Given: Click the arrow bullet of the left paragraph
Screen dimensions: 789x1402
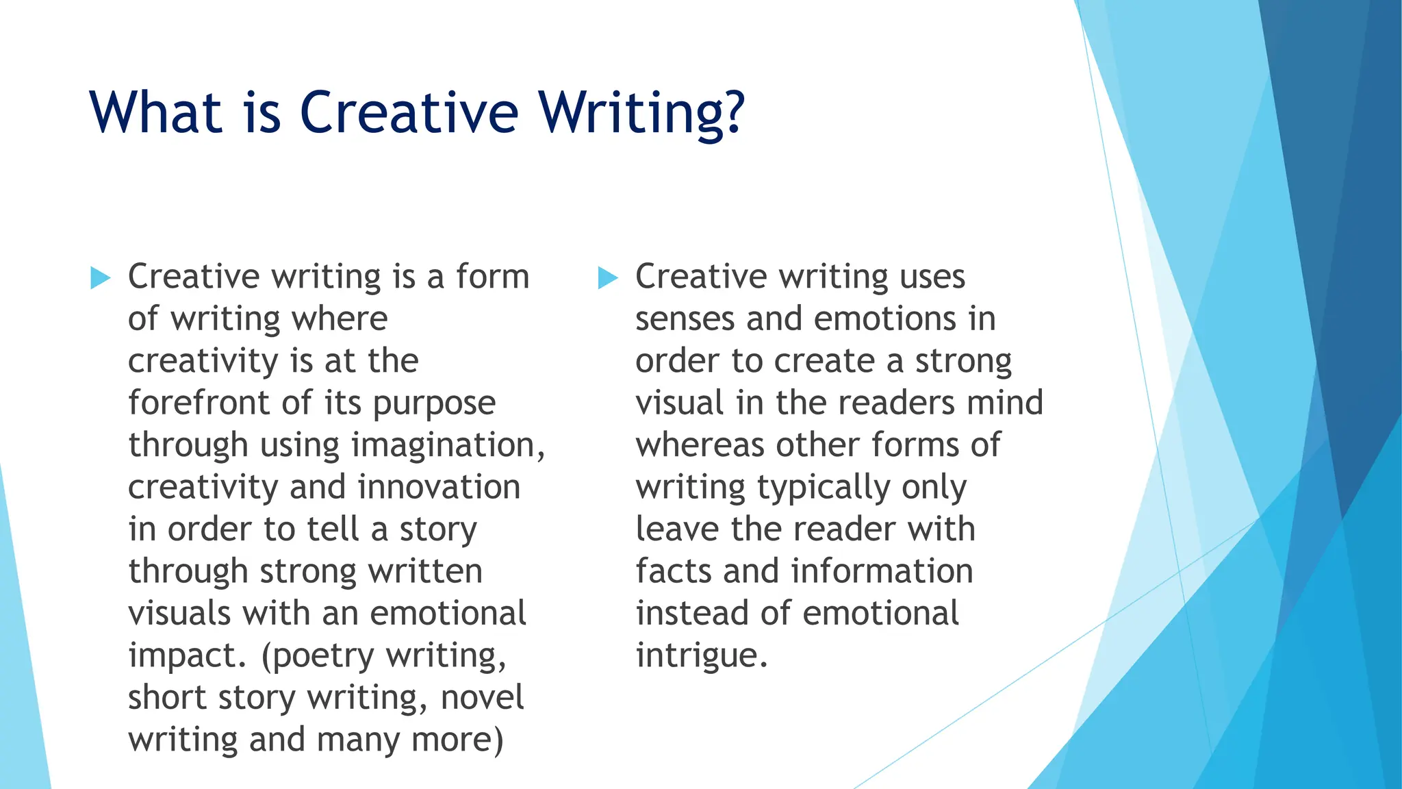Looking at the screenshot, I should (100, 278).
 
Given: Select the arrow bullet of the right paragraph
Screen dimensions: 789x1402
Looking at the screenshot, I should (607, 278).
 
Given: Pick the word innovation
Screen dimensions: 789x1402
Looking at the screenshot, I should (439, 487).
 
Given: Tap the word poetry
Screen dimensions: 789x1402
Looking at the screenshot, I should (324, 656).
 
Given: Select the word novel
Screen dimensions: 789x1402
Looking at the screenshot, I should (482, 697).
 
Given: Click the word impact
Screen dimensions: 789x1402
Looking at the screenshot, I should (183, 656).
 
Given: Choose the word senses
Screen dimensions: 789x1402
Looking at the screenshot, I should (685, 319).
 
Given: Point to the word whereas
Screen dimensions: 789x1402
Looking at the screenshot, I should (699, 445).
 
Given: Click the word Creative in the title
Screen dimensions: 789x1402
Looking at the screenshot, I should (409, 112).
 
